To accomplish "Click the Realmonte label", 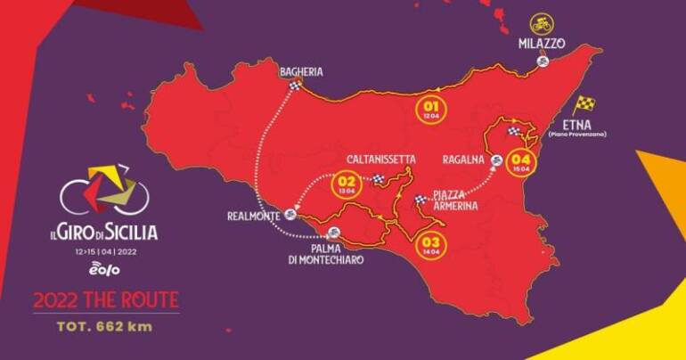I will (253, 216).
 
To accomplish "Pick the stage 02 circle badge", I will (345, 184).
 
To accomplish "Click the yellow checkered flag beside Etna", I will (584, 104).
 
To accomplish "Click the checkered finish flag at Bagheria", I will (296, 86).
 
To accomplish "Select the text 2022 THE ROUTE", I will (106, 299).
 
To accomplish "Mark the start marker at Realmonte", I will (290, 216).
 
